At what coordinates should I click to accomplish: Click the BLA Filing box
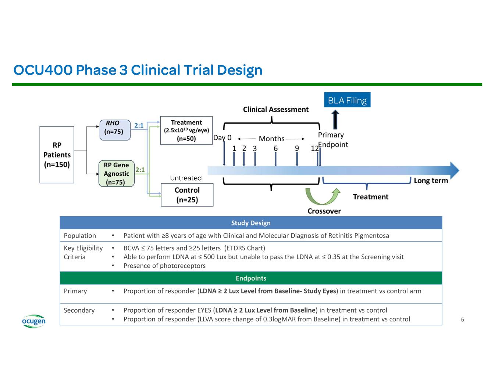(x=347, y=100)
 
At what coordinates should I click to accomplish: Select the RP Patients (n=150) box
(x=57, y=155)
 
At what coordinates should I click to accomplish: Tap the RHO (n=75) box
(x=115, y=130)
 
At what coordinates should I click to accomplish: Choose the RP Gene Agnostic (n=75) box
(x=116, y=174)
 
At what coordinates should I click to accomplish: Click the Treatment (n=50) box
(x=186, y=131)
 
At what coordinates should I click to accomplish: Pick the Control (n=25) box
(x=187, y=195)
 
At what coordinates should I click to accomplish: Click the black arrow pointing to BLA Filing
(x=335, y=119)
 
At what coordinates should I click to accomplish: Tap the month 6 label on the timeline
(x=275, y=149)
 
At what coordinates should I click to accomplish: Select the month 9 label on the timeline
(x=297, y=149)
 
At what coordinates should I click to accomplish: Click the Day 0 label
(x=222, y=138)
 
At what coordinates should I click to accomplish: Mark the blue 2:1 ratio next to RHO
(x=139, y=126)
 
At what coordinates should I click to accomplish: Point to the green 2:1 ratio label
(x=140, y=170)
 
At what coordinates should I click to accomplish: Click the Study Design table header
(x=251, y=223)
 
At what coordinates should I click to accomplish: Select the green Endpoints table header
(x=251, y=278)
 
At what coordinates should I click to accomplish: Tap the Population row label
(x=80, y=236)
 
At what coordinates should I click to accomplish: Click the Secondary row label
(x=79, y=310)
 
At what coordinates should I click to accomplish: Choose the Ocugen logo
(x=34, y=321)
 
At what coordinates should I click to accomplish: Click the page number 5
(x=462, y=320)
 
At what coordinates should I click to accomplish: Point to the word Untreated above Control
(x=186, y=178)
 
